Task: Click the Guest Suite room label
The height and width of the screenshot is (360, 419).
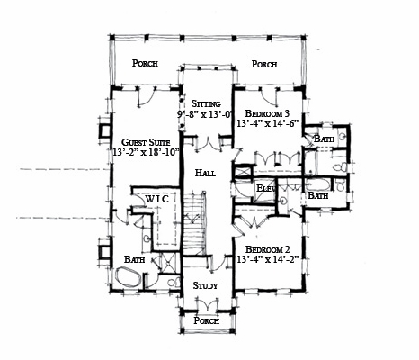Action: [146, 142]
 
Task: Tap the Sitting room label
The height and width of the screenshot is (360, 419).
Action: [206, 103]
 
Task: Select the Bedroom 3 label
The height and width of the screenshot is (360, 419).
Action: [267, 113]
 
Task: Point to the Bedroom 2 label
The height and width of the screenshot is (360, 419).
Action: [267, 249]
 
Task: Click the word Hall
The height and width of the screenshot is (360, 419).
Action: [205, 173]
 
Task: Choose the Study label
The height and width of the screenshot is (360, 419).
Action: [205, 285]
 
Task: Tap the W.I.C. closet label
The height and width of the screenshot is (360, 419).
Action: [158, 199]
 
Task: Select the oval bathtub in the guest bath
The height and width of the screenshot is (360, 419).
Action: [129, 277]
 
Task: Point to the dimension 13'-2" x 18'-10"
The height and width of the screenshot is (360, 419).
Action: [146, 152]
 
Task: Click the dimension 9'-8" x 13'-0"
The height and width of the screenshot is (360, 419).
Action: [206, 114]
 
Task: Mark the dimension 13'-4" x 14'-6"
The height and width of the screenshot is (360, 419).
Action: [268, 123]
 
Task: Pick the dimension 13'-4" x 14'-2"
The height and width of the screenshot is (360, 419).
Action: [268, 259]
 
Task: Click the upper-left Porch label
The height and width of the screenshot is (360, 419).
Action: [145, 63]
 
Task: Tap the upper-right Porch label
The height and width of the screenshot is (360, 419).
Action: [264, 64]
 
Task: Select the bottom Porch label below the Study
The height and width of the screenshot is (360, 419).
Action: [207, 320]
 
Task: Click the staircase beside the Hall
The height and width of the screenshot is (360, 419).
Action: [195, 223]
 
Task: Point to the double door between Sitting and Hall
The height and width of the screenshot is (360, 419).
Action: [209, 144]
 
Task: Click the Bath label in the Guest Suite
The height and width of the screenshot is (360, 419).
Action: [135, 259]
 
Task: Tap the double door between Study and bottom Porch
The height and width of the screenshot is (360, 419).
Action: [208, 303]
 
